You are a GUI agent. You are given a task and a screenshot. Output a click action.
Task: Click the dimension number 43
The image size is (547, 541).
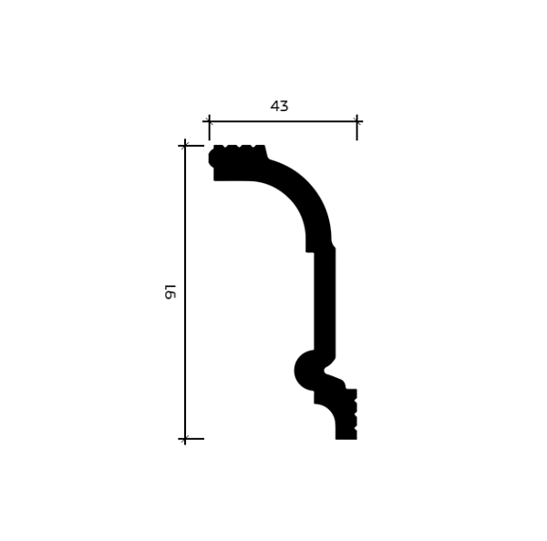(279, 106)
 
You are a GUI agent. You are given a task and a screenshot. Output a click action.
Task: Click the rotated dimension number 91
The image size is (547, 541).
(170, 291)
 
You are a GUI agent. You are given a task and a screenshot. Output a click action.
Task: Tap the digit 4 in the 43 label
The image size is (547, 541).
(275, 106)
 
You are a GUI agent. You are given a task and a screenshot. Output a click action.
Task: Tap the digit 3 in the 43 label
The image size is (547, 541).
(284, 106)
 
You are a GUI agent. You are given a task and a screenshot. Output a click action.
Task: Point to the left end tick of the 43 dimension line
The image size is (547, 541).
(209, 122)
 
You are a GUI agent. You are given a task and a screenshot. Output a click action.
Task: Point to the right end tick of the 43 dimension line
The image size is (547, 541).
(356, 122)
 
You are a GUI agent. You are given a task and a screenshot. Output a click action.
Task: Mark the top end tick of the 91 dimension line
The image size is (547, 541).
(185, 146)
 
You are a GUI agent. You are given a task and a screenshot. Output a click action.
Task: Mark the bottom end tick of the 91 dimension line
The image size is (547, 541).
(185, 438)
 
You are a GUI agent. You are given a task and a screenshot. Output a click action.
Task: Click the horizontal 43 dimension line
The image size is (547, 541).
(283, 122)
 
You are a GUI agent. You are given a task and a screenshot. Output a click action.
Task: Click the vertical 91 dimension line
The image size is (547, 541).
(185, 292)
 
